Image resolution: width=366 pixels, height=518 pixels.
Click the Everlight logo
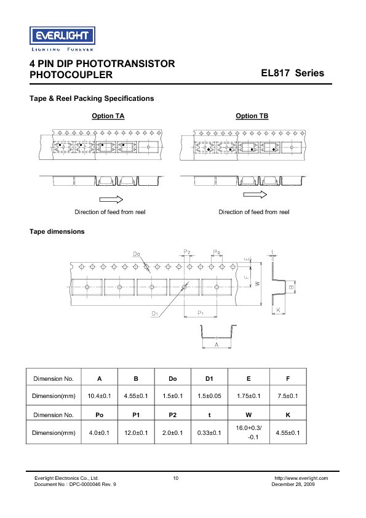(x=62, y=35)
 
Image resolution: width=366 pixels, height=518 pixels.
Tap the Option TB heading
(x=252, y=116)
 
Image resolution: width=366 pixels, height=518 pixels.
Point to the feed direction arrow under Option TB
(x=255, y=195)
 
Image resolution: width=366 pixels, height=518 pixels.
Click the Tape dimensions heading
(x=57, y=231)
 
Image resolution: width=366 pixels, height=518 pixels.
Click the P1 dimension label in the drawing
(x=201, y=313)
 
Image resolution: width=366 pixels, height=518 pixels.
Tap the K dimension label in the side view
(x=278, y=311)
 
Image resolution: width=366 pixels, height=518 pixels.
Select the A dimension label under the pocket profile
(x=217, y=346)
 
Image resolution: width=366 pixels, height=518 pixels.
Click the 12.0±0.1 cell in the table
(x=136, y=433)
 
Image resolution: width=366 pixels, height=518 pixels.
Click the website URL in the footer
(x=301, y=478)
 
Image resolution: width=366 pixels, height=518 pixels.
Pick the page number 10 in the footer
(x=176, y=478)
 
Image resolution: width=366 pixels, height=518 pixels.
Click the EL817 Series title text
(x=292, y=73)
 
